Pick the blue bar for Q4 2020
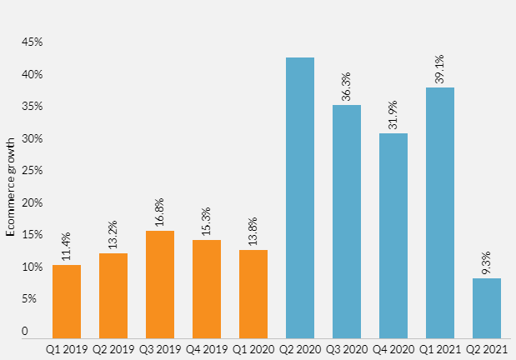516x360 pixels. [x=393, y=235]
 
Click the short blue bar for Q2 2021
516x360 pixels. [x=487, y=307]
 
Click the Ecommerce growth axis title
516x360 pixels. [x=11, y=190]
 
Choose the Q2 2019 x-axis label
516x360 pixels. [x=113, y=348]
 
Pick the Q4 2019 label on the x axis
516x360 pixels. [x=207, y=348]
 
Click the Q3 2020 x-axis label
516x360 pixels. [x=347, y=348]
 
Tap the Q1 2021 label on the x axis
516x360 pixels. [x=440, y=348]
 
